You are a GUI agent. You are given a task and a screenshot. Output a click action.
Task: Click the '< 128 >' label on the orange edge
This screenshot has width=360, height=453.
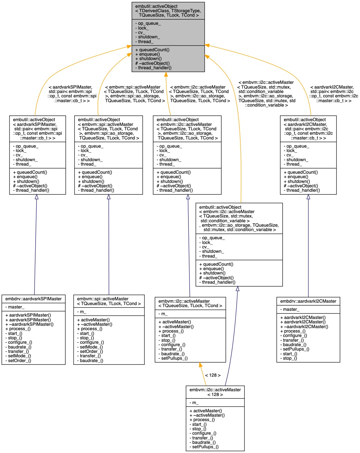click(x=213, y=375)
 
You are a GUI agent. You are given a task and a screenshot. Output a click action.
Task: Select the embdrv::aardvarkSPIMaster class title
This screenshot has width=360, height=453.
click(x=34, y=299)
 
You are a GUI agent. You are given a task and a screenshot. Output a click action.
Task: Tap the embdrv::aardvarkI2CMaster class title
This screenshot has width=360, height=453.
click(x=308, y=301)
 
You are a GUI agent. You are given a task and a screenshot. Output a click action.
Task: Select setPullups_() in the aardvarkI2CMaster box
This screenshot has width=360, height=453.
click(x=296, y=349)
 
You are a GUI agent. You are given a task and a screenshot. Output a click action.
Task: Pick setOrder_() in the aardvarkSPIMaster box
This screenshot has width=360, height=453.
click(x=19, y=360)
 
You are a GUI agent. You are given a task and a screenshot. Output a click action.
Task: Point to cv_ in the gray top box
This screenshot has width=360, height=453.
click(x=140, y=33)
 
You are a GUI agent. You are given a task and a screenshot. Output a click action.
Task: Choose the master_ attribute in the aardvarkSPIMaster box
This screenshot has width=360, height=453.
click(x=16, y=307)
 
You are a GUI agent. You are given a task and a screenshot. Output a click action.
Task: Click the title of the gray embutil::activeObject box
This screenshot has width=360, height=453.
click(x=168, y=11)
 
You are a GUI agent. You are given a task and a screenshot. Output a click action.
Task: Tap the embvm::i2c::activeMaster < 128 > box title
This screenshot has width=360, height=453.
click(x=215, y=392)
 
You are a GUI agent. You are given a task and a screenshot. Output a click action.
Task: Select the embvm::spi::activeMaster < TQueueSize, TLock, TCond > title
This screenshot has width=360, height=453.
click(x=109, y=301)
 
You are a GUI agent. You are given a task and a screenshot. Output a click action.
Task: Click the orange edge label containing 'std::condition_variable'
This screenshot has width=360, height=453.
click(x=266, y=94)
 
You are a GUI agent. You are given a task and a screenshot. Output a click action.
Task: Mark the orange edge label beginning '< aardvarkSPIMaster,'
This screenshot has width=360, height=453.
click(x=72, y=94)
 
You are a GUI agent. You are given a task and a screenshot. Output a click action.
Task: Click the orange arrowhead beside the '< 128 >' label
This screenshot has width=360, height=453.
click(x=200, y=365)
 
